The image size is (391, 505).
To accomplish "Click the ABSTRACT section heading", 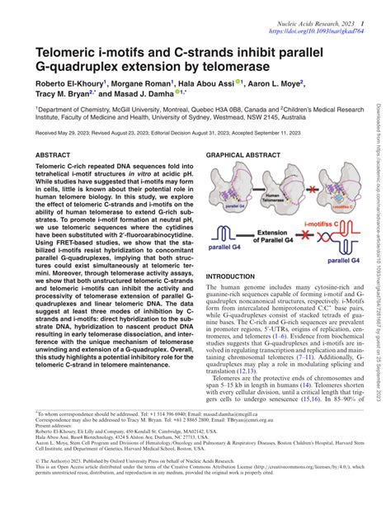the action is point(54,132).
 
